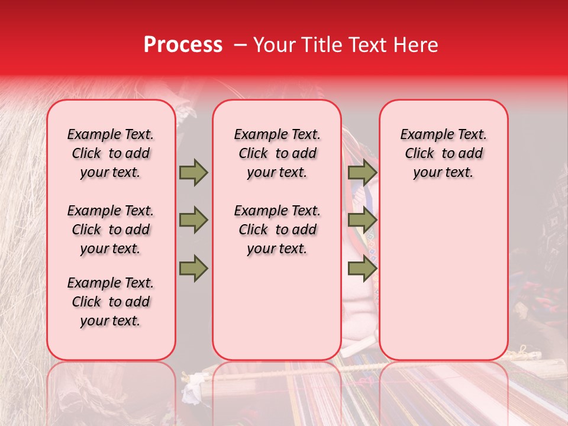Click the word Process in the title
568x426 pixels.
pyautogui.click(x=182, y=45)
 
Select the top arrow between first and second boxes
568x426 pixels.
pyautogui.click(x=193, y=172)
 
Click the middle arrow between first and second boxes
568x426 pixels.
pyautogui.click(x=193, y=220)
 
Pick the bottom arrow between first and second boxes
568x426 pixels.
pyautogui.click(x=193, y=268)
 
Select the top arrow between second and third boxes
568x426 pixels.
pyautogui.click(x=362, y=172)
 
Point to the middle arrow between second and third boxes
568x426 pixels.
pyautogui.click(x=362, y=220)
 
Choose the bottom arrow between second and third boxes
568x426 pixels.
pyautogui.click(x=362, y=268)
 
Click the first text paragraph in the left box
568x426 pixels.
pyautogui.click(x=111, y=153)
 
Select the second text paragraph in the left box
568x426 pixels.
pyautogui.click(x=111, y=230)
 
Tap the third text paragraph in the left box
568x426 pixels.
pyautogui.click(x=111, y=302)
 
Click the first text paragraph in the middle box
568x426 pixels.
pyautogui.click(x=277, y=153)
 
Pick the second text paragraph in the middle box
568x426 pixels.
pyautogui.click(x=277, y=230)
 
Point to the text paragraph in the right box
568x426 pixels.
pyautogui.click(x=443, y=153)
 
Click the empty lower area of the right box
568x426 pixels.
pyautogui.click(x=443, y=278)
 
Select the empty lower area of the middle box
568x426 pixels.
pyautogui.click(x=277, y=308)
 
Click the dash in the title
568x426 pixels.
pyautogui.click(x=241, y=45)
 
